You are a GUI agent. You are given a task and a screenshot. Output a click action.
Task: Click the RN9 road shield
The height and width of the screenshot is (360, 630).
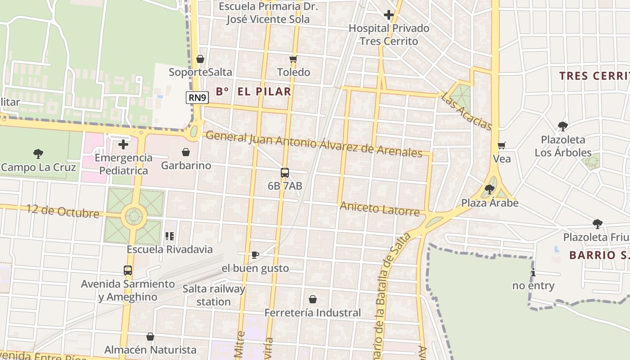[198, 98]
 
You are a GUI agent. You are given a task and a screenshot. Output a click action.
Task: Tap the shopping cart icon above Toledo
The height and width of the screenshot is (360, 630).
[293, 59]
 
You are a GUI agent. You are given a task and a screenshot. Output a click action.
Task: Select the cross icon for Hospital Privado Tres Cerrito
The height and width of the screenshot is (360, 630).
[389, 15]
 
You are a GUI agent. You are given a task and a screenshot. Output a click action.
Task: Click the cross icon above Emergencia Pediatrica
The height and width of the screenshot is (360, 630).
[123, 144]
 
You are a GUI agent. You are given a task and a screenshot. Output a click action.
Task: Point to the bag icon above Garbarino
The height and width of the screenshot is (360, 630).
[185, 153]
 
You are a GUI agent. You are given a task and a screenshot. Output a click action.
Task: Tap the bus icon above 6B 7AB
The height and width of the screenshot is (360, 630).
[284, 173]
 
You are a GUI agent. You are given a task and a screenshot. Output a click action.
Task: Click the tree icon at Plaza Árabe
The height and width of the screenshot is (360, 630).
[490, 190]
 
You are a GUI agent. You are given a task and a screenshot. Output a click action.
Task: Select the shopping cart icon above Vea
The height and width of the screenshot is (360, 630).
[502, 146]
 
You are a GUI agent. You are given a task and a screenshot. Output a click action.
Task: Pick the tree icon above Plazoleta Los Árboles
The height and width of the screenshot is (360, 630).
[562, 126]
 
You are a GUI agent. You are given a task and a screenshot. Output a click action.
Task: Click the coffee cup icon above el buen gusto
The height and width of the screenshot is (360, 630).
[255, 255]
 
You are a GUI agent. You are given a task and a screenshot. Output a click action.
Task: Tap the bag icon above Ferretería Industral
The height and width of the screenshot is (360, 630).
[312, 299]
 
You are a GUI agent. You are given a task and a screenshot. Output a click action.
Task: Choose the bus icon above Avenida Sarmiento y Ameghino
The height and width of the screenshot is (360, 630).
[128, 270]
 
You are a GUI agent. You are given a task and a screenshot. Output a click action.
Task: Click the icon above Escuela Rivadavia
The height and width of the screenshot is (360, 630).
[170, 236]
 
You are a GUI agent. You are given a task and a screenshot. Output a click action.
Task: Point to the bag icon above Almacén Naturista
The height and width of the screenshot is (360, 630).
[150, 337]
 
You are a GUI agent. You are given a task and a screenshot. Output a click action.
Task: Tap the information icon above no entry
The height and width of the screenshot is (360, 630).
[533, 272]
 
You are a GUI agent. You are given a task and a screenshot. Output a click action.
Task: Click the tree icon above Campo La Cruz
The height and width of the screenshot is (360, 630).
[38, 154]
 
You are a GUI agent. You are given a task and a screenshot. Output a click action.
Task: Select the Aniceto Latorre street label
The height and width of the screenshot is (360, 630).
[380, 209]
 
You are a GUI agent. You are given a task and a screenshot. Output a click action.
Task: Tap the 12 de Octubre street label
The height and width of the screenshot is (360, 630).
[63, 211]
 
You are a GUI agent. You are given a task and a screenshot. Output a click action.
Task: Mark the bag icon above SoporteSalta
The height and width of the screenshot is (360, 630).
[200, 59]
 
